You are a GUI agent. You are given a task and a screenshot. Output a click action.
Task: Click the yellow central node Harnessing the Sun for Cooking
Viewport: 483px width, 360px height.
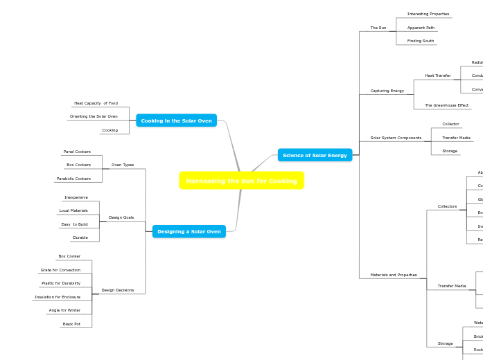241,181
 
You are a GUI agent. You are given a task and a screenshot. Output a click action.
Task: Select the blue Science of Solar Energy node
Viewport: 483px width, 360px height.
315,155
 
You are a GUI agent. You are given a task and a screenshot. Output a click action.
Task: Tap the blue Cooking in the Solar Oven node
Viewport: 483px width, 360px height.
176,120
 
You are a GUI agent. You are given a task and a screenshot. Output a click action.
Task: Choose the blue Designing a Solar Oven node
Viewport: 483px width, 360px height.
188,231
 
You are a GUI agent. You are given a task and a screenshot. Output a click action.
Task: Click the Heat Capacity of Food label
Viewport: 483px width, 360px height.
96,103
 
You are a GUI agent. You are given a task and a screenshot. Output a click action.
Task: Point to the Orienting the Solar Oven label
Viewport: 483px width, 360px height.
94,116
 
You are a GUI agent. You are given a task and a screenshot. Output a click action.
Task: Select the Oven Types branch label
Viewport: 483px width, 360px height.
123,165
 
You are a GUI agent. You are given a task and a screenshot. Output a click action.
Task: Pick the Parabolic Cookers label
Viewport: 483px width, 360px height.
73,179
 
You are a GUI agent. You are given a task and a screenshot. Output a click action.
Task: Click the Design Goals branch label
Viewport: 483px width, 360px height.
121,217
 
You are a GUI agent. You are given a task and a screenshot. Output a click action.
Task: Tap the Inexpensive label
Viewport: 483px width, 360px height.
76,197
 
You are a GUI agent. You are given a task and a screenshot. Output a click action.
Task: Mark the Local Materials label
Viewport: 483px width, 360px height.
73,210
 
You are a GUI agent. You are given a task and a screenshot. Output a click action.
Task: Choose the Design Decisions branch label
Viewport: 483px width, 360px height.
118,290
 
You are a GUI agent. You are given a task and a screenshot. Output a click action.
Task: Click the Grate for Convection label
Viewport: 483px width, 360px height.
60,270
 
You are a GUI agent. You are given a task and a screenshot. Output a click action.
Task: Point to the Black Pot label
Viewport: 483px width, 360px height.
71,324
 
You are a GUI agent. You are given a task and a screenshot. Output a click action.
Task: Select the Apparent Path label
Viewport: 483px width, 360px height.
421,28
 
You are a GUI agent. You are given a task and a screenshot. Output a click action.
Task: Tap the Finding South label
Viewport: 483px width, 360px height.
420,41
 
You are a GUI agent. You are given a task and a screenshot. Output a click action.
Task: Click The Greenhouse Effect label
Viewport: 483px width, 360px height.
446,105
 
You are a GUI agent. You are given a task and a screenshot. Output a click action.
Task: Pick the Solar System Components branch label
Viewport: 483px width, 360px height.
396,138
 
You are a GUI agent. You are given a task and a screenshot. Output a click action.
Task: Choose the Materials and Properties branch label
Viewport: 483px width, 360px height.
394,275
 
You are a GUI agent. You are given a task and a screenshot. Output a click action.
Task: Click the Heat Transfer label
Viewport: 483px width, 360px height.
437,75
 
